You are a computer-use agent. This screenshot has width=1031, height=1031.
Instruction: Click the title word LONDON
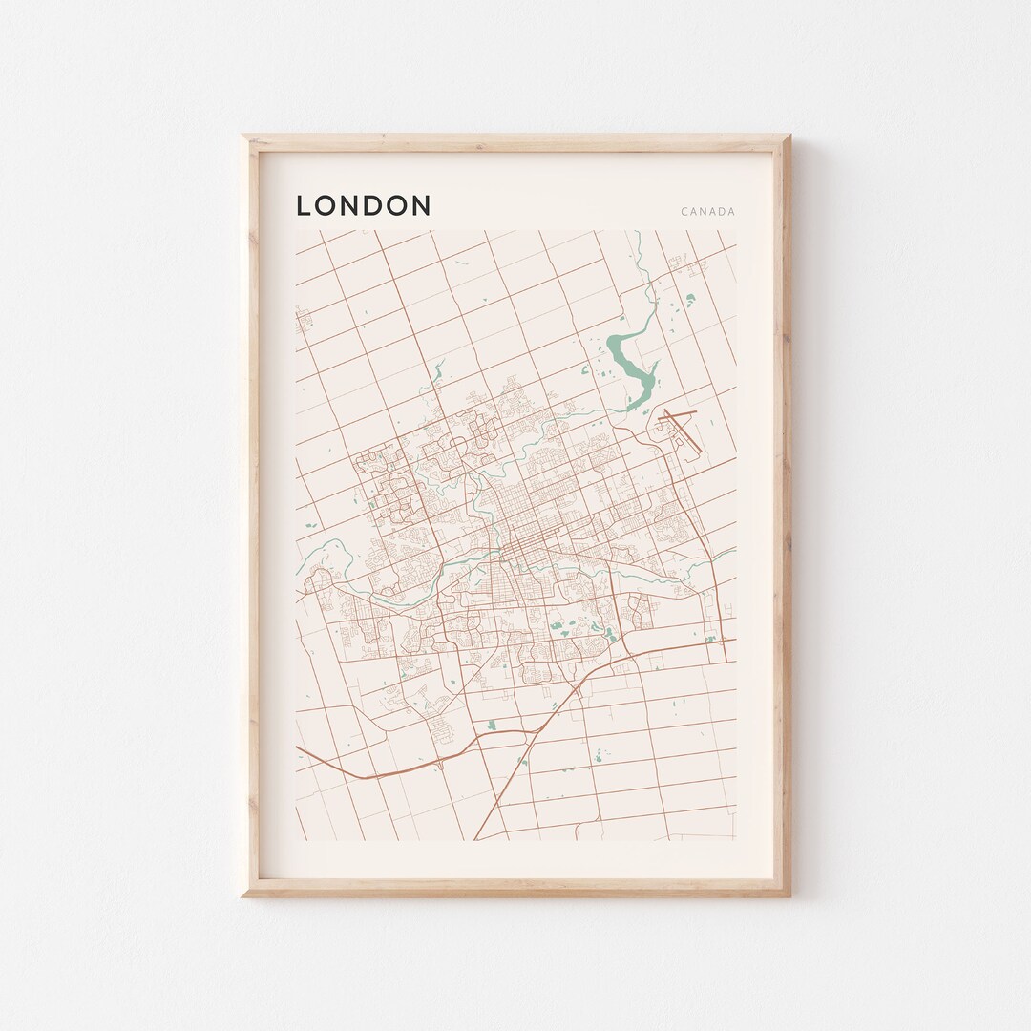point(363,205)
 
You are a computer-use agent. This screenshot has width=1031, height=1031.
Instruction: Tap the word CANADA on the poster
point(707,212)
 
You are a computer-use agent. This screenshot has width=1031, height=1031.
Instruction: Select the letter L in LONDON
point(305,205)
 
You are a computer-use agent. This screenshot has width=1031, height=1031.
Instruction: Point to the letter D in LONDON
point(376,205)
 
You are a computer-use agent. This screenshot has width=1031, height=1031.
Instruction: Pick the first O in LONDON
point(327,205)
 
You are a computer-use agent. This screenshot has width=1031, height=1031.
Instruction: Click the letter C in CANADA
point(684,212)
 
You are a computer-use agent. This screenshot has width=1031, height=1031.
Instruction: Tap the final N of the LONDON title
point(420,205)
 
